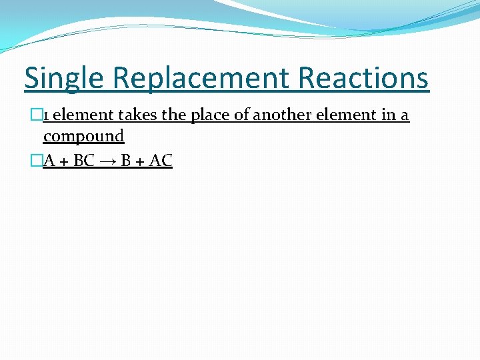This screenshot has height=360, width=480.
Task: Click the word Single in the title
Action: (x=63, y=78)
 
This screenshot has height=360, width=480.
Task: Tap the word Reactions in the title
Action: (x=363, y=78)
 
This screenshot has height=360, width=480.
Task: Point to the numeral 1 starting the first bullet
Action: (x=46, y=115)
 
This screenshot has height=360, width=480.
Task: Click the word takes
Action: (x=136, y=115)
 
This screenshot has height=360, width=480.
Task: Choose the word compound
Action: (x=83, y=137)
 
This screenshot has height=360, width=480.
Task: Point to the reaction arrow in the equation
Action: (x=107, y=161)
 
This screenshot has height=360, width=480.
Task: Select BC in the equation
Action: (x=83, y=161)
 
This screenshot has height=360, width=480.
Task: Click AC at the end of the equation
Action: (x=161, y=161)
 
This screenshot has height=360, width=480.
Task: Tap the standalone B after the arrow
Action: (x=125, y=161)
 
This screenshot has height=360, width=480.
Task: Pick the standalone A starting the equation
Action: (x=49, y=161)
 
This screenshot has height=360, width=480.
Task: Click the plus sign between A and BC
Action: (x=64, y=161)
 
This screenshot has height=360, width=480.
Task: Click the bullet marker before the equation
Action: (x=37, y=161)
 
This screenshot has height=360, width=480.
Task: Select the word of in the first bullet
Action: (x=243, y=115)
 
